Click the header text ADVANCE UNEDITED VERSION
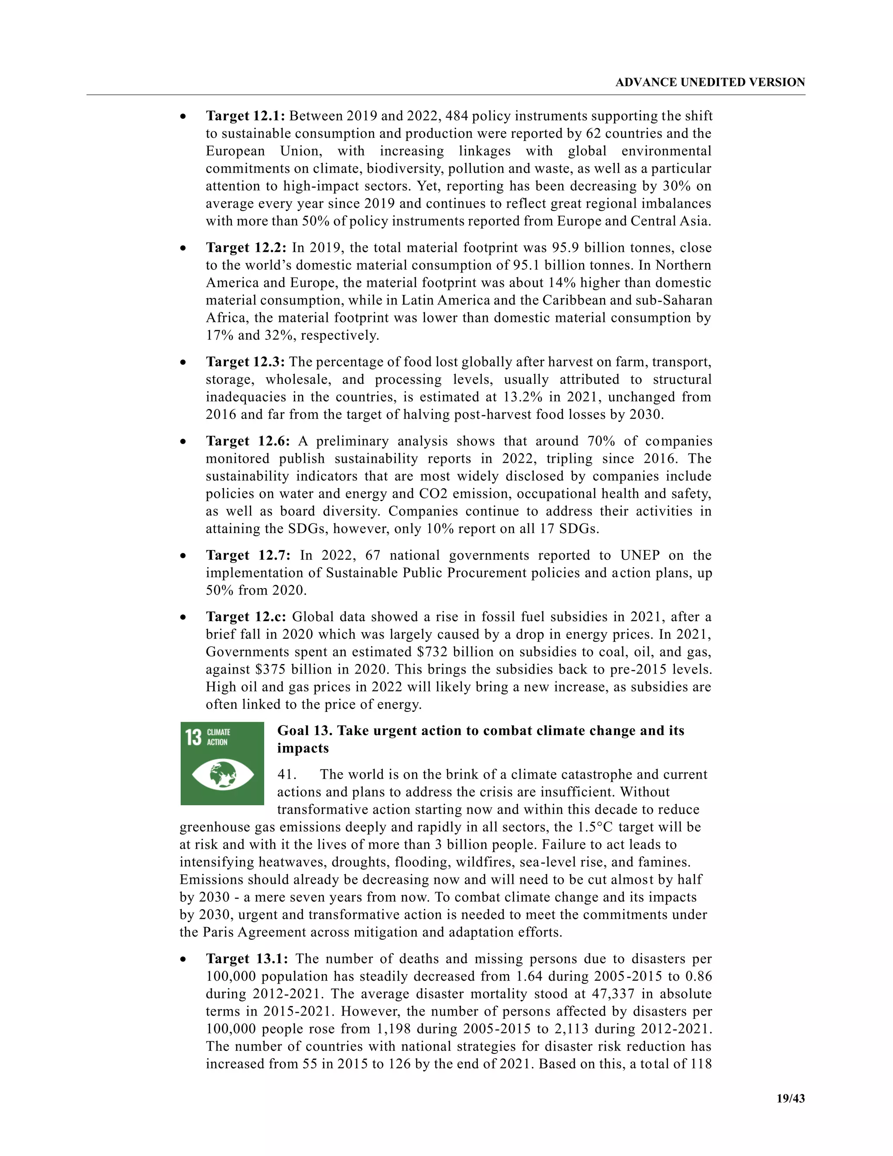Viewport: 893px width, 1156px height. pyautogui.click(x=709, y=82)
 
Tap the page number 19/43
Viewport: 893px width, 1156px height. pyautogui.click(x=791, y=1098)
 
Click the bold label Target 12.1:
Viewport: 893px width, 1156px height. pyautogui.click(x=245, y=116)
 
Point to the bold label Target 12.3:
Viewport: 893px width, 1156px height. pyautogui.click(x=245, y=362)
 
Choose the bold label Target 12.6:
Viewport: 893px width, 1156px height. pyautogui.click(x=248, y=441)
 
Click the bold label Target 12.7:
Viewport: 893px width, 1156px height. pyautogui.click(x=248, y=555)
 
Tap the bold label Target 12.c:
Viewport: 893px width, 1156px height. pyautogui.click(x=246, y=617)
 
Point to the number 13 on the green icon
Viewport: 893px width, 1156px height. pyautogui.click(x=194, y=737)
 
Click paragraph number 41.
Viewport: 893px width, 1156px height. pyautogui.click(x=287, y=775)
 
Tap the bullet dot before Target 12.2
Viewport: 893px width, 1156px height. pyautogui.click(x=183, y=248)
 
